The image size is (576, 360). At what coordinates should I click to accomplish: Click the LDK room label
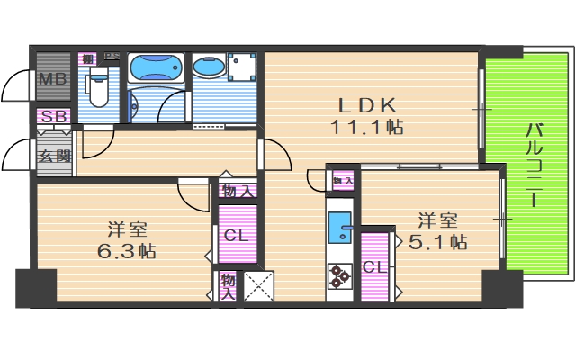[x=367, y=103]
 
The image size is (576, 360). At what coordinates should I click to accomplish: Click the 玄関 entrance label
[x=52, y=155]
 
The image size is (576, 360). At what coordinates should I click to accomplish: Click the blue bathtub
[x=156, y=68]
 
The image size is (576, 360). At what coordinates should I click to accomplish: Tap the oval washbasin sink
[x=211, y=68]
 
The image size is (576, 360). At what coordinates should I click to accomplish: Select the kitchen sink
[x=340, y=228]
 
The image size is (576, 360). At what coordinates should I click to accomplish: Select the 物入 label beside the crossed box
[x=228, y=286]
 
